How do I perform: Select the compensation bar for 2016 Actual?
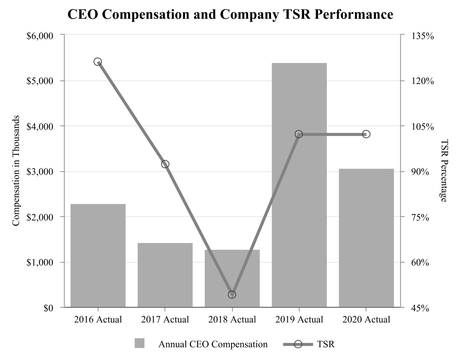(98, 255)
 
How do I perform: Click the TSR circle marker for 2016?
(98, 62)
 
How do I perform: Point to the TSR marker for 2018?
(232, 294)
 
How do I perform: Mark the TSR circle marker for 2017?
(165, 164)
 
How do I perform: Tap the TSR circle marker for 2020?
(366, 134)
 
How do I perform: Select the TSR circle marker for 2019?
(299, 134)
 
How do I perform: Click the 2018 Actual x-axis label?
(232, 320)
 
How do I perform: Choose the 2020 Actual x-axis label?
(366, 320)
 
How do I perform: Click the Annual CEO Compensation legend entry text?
(213, 344)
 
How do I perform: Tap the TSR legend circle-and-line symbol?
(298, 344)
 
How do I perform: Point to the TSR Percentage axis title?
(444, 171)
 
